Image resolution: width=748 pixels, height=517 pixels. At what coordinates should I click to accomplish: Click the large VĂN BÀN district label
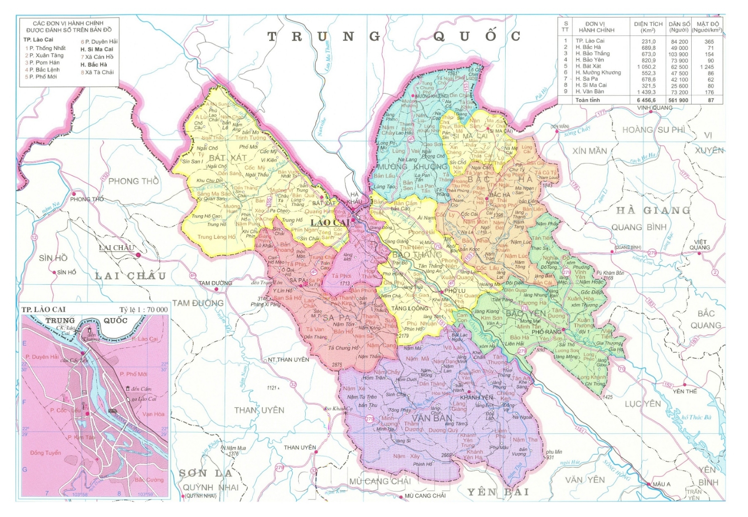coord(432,418)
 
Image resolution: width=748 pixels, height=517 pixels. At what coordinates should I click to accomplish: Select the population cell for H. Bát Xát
coord(679,67)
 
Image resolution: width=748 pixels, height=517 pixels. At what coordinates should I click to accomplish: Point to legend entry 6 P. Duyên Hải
coord(99,41)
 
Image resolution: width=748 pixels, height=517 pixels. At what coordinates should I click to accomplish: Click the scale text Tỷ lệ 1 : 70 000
coord(144,310)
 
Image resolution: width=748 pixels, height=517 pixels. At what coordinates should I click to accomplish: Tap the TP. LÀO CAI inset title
coord(43,310)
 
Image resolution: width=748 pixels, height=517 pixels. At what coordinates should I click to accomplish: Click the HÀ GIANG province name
coord(653,210)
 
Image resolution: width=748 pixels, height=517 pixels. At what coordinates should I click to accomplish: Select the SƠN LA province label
coord(205,473)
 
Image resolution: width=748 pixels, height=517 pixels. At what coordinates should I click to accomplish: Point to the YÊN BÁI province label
coord(497,492)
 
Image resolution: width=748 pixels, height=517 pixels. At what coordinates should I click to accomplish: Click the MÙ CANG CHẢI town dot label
coord(425,496)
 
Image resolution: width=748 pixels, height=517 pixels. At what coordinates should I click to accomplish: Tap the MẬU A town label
coord(662,484)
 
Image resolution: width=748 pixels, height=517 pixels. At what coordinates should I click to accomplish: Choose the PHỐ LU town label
coord(454,291)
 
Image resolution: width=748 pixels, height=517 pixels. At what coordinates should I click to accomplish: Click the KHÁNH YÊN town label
coord(476,397)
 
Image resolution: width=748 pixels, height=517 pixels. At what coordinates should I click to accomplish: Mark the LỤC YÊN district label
coord(643,404)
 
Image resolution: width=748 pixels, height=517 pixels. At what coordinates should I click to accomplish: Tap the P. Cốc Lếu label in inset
coord(65,410)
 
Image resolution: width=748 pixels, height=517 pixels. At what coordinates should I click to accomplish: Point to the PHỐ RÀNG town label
coord(546,332)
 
